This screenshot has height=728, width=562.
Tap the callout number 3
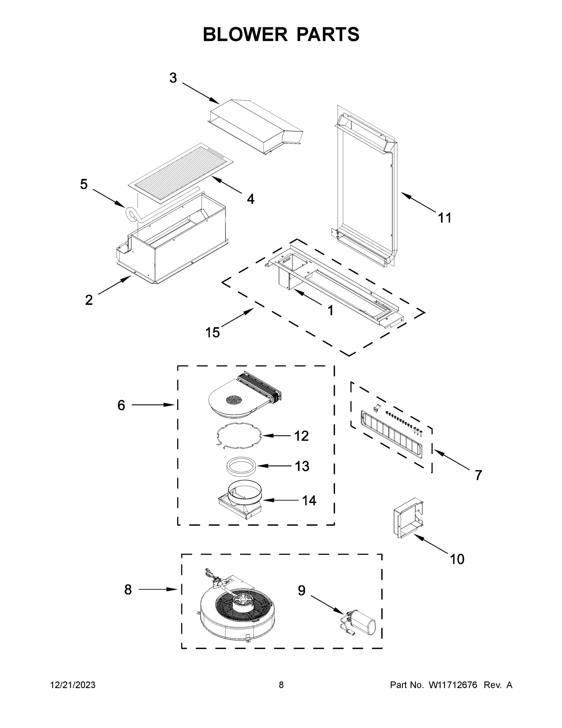(173, 78)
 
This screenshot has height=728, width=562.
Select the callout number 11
(444, 218)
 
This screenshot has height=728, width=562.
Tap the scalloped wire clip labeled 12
(238, 436)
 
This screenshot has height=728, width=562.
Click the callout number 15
(212, 332)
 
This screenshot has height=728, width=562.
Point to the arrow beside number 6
(153, 405)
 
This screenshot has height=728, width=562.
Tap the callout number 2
(88, 300)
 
